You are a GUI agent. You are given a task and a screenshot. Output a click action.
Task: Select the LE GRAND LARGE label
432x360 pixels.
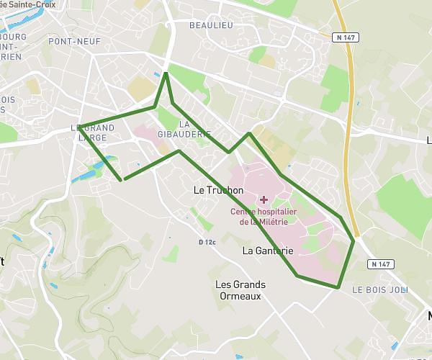93,132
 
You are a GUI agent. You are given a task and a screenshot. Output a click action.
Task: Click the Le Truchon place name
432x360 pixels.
219,190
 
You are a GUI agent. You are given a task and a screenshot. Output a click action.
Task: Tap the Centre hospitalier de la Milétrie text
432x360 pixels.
264,217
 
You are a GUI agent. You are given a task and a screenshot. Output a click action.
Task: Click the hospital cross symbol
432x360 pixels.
264,199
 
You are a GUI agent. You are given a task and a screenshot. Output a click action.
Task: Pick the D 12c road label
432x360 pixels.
207,242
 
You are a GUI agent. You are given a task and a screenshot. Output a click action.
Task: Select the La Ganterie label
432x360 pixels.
268,251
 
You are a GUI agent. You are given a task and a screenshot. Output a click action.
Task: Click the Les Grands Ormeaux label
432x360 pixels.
239,289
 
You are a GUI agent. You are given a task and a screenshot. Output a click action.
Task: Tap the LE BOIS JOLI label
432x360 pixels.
379,289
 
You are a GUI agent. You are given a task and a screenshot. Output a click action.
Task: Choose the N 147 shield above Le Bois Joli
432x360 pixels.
382,264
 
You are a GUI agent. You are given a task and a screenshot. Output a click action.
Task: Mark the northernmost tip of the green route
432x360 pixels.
166,72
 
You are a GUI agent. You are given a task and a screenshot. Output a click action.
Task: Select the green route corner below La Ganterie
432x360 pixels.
297,276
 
